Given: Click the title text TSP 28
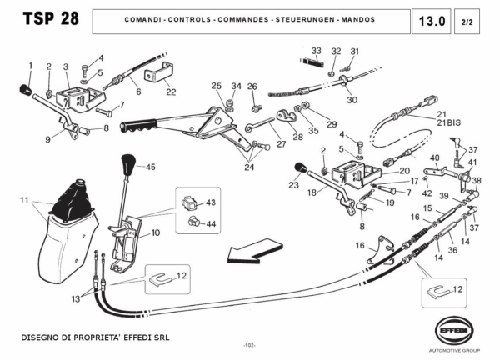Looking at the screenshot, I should (x=49, y=19).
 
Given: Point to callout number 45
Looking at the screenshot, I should (x=151, y=167).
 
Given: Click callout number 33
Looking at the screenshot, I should (x=316, y=51).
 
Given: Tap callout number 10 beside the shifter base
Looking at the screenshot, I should (x=155, y=233).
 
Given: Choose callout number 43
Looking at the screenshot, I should (x=210, y=202).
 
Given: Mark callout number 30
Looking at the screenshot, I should (x=352, y=100).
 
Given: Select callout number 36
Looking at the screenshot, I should (x=452, y=247).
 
